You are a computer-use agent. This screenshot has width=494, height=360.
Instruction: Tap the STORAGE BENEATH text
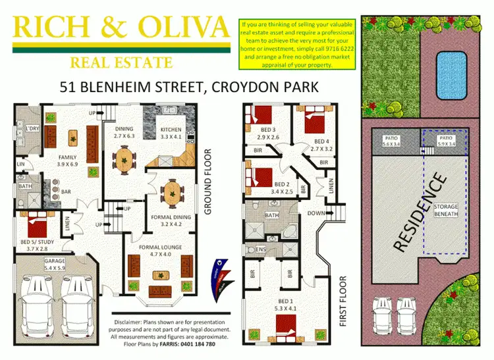[446, 211]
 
